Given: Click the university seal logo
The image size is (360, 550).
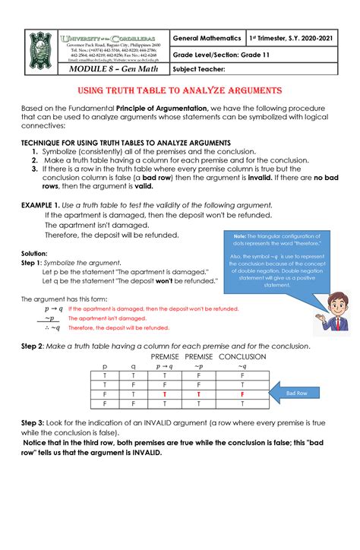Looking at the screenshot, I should (42, 49).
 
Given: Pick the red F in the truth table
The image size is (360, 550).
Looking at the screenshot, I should (242, 394).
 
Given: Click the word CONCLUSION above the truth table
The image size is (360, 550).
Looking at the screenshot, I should (242, 356).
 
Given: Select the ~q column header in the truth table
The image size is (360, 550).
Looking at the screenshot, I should (242, 366).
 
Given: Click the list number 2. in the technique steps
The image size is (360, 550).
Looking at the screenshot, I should (35, 161).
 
